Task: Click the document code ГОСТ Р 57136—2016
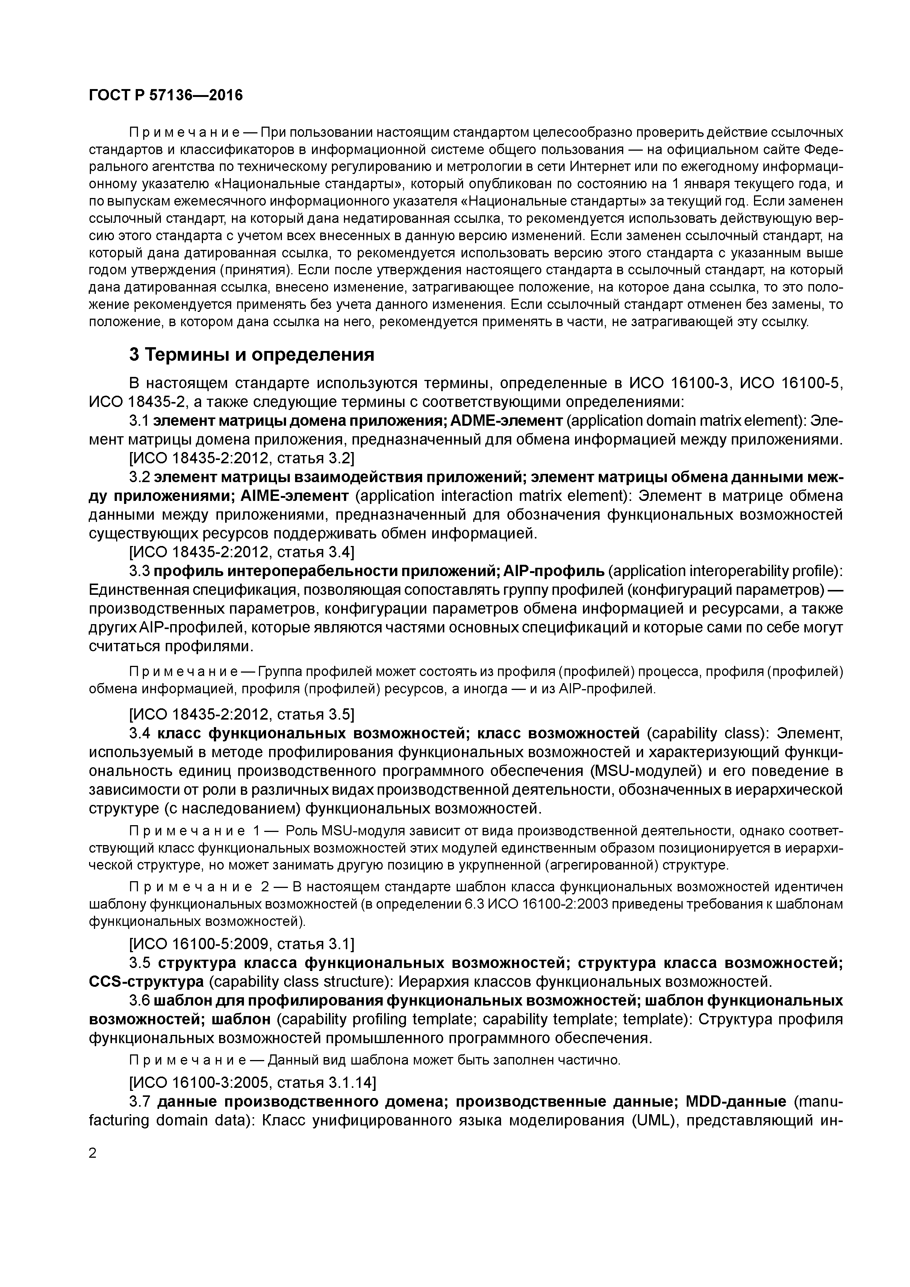tap(166, 96)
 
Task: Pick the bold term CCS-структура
tap(146, 982)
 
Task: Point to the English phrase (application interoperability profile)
tap(725, 571)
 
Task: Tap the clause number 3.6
tap(140, 1001)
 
